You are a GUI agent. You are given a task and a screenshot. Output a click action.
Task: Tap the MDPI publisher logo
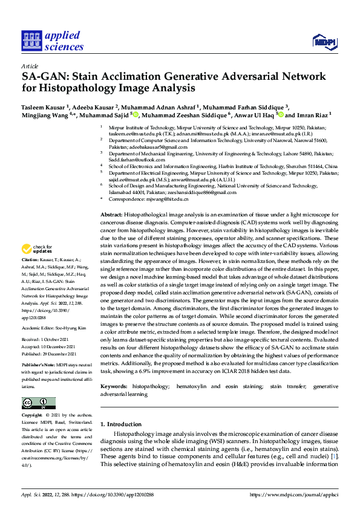(x=324, y=41)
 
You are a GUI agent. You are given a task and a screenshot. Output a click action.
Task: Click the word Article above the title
(x=30, y=66)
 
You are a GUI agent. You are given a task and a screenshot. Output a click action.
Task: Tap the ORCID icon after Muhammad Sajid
(x=136, y=115)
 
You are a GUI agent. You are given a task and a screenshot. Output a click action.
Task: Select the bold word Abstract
(x=111, y=215)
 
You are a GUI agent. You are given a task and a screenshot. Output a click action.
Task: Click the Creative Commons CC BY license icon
(x=38, y=403)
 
